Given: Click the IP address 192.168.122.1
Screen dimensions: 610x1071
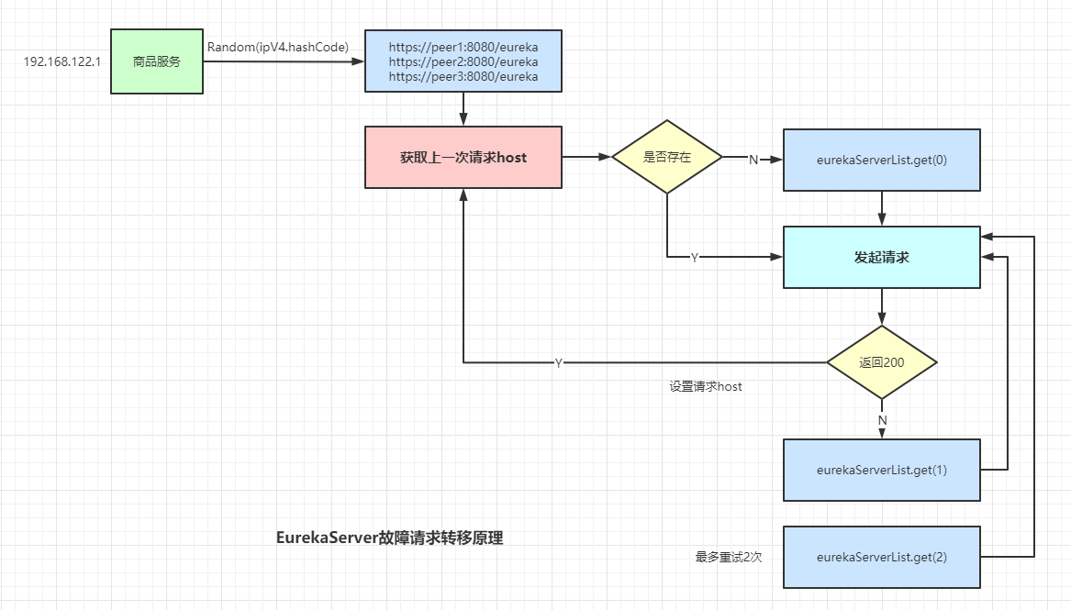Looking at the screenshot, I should tap(61, 62).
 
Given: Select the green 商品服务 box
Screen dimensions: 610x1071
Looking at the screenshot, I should tap(156, 61).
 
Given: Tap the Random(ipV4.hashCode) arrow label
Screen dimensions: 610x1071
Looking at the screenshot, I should tap(277, 47).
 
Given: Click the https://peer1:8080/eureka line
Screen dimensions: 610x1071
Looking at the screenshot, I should tap(463, 47).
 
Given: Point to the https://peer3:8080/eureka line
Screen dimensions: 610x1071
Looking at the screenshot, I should tap(463, 77).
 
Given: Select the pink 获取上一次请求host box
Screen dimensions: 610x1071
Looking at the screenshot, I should tap(463, 158).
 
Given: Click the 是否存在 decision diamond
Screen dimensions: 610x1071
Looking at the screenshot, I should tap(667, 157).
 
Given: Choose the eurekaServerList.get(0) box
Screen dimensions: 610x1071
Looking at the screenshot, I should tap(881, 160).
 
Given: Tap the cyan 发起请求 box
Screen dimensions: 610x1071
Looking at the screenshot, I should tap(881, 258).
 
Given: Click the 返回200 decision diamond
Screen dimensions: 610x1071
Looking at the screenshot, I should tap(881, 362).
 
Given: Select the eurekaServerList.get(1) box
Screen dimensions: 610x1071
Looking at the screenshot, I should tap(881, 470).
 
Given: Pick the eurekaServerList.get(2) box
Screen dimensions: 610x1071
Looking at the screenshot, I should tap(881, 557).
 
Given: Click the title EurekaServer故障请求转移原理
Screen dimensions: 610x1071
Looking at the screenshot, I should tap(389, 538).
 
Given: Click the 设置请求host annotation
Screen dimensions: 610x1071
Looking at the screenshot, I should tap(705, 387).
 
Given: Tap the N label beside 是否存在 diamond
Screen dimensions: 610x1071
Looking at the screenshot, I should tap(753, 160).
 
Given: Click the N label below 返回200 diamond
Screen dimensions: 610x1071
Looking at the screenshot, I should tap(882, 419).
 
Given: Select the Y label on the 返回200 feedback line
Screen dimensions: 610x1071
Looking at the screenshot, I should tap(558, 363).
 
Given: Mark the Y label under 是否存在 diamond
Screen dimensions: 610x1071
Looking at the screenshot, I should tap(694, 259).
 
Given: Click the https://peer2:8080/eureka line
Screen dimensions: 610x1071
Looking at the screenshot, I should tap(463, 62).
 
